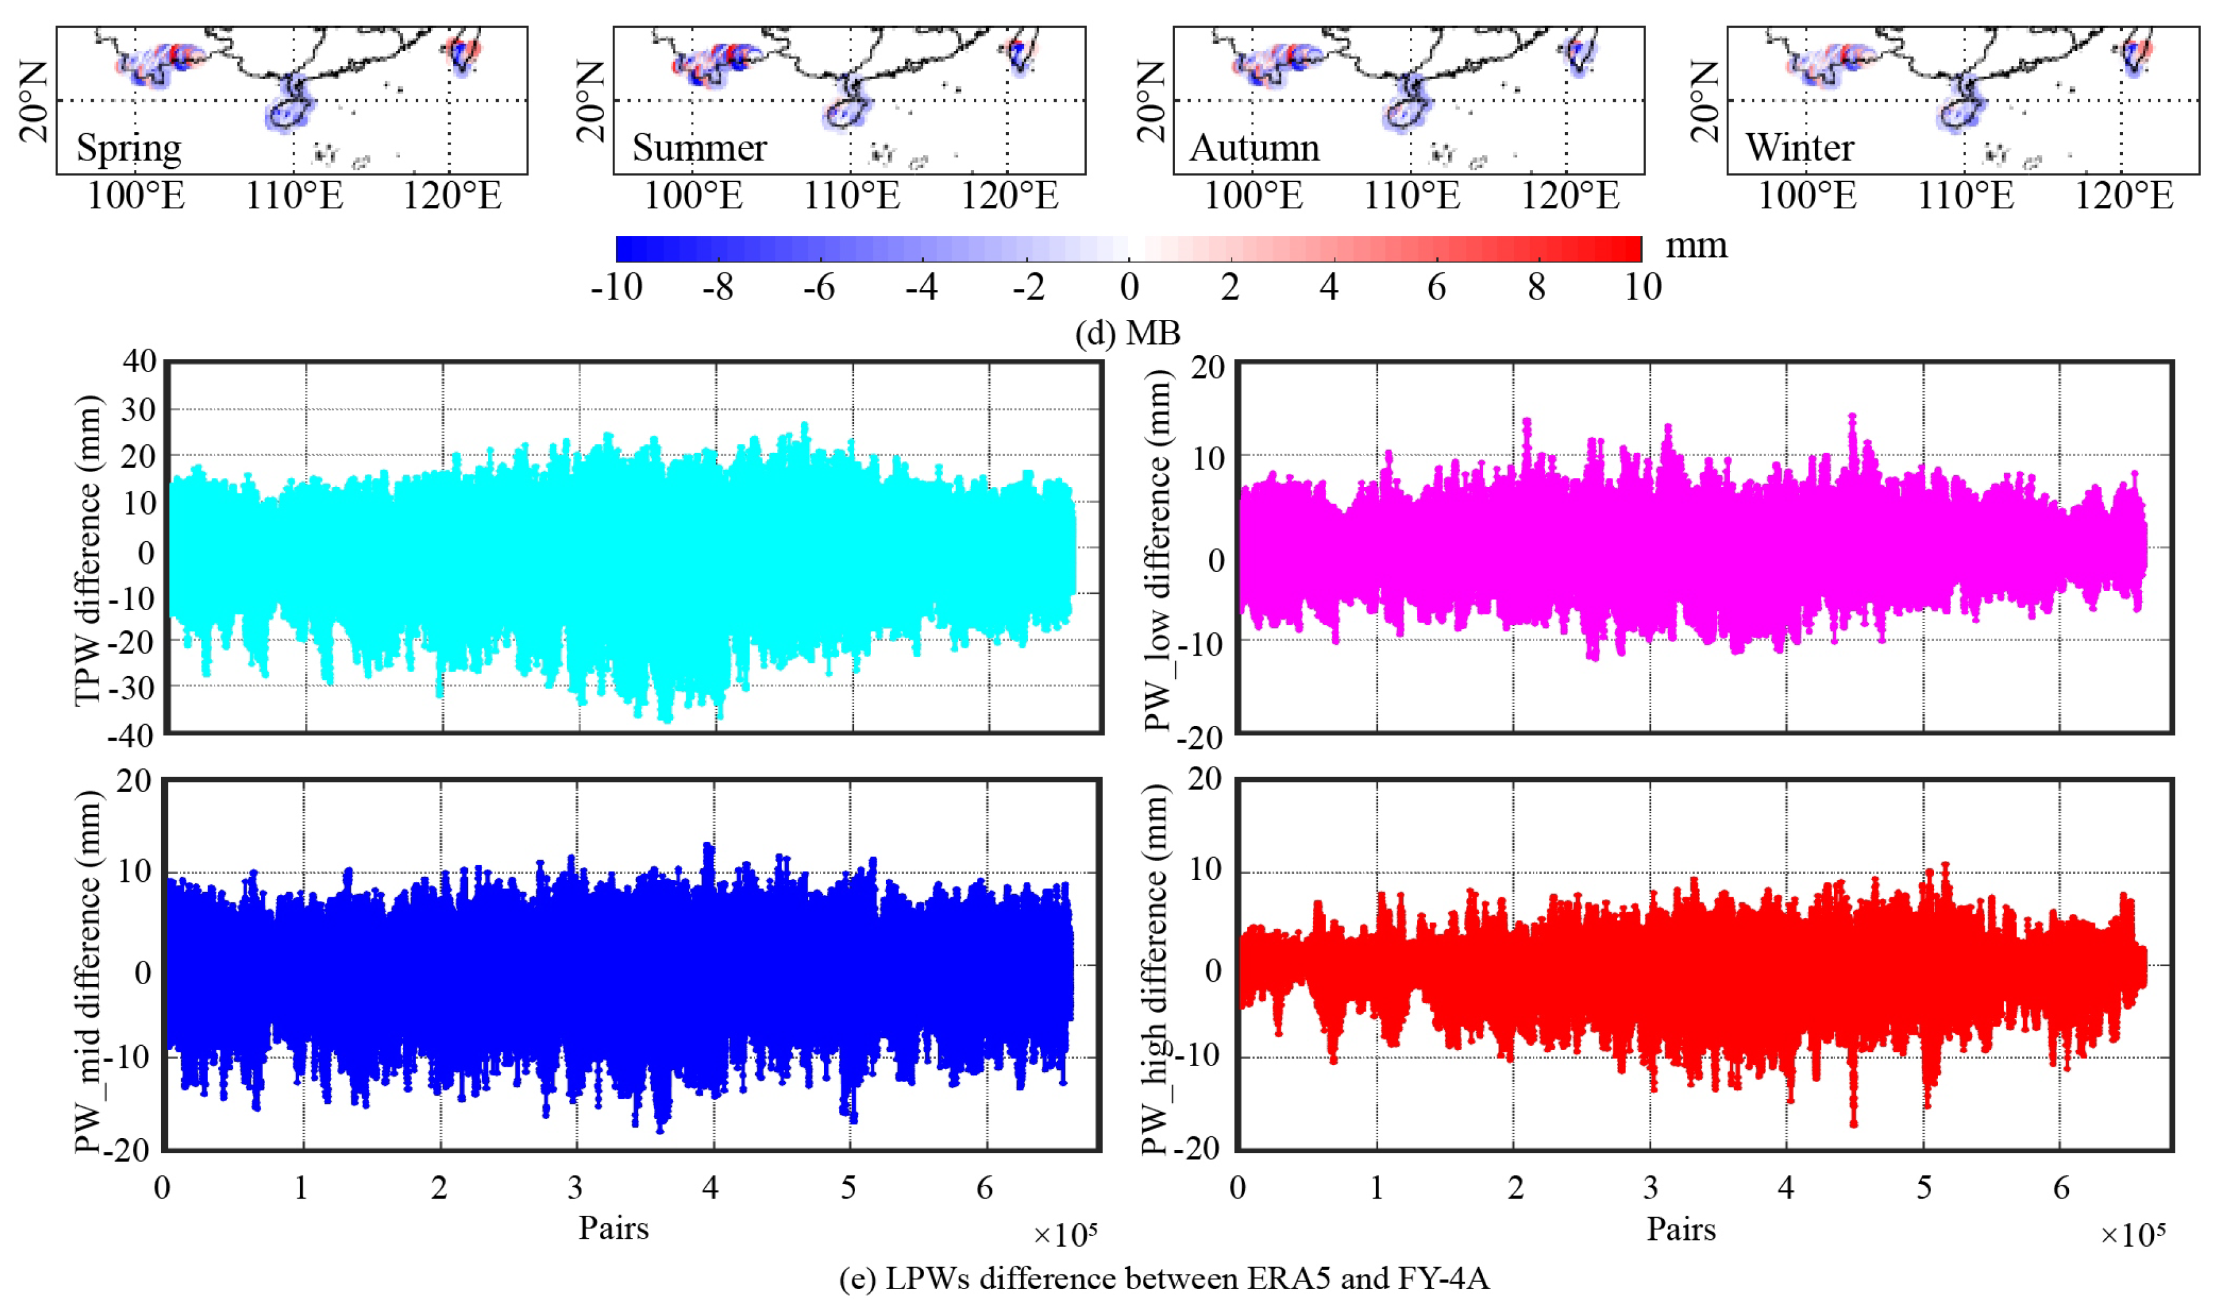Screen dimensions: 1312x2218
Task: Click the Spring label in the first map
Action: [129, 148]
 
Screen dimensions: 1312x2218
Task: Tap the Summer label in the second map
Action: [698, 148]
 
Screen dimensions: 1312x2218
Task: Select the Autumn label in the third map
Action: [1254, 148]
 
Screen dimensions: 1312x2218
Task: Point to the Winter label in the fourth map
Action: [1799, 148]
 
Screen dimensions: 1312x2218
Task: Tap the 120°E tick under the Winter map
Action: [2123, 195]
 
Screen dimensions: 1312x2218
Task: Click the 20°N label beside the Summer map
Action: [591, 101]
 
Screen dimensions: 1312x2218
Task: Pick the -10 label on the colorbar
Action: [616, 287]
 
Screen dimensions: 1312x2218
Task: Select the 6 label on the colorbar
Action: [1436, 287]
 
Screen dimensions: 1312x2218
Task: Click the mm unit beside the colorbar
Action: [1695, 246]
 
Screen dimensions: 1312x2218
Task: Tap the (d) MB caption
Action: [1127, 333]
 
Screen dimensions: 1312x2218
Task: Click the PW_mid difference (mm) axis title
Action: [88, 971]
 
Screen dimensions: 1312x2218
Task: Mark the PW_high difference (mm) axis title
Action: [1155, 969]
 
